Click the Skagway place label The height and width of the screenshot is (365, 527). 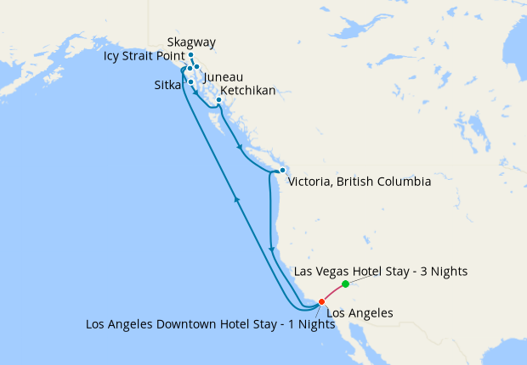(x=191, y=42)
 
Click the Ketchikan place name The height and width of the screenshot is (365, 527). (x=247, y=91)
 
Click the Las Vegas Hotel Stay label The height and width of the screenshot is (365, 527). (x=380, y=272)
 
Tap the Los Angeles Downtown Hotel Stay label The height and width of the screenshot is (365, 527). (x=205, y=324)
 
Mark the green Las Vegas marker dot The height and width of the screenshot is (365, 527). (x=345, y=284)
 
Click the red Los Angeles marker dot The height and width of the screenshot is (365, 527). (x=321, y=301)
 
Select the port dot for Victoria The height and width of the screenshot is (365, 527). (x=282, y=171)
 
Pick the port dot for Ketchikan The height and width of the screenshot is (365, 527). (x=218, y=100)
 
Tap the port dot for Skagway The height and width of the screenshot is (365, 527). (x=190, y=54)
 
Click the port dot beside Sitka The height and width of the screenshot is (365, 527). (x=190, y=81)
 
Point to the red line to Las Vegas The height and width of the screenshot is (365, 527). (x=333, y=292)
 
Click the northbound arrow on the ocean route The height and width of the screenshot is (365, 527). (x=236, y=199)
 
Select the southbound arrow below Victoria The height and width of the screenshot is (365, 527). (x=271, y=250)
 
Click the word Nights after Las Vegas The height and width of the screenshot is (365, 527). (x=448, y=272)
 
